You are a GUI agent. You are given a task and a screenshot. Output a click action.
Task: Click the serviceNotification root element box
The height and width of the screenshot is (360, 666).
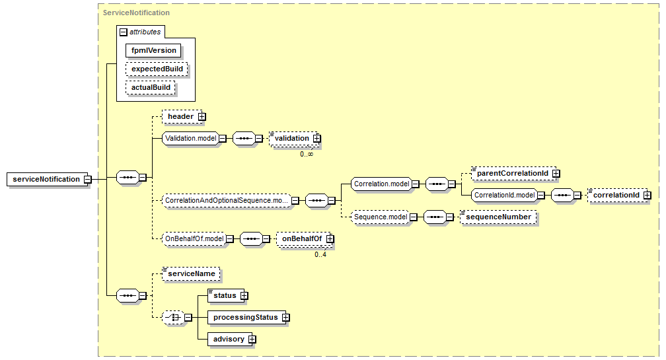coord(46,179)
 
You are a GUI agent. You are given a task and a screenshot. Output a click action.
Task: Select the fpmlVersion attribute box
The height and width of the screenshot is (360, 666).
coord(153,50)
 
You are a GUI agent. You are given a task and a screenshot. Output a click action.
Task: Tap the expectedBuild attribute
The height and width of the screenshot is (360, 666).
coord(157,69)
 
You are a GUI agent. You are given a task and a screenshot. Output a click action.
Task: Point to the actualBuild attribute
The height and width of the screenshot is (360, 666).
coord(151,87)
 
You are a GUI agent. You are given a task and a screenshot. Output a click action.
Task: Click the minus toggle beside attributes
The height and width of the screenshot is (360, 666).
coord(123,32)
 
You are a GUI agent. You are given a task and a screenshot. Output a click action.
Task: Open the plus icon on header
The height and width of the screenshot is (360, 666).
coord(202,117)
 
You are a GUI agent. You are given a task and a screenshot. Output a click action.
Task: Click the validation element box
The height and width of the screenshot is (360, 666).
coord(291,139)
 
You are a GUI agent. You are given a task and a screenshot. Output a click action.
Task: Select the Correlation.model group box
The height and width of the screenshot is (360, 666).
coord(381,184)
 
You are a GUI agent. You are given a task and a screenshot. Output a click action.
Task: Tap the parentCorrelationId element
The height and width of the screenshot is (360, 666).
coord(512,173)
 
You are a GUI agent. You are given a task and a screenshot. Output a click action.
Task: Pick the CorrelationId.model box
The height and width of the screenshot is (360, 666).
coord(503,196)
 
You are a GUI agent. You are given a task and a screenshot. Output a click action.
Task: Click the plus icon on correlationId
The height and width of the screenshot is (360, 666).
coord(647,196)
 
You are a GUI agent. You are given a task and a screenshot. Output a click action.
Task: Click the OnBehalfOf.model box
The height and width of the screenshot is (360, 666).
coord(194,239)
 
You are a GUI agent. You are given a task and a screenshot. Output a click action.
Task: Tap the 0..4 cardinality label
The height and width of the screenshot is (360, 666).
coord(321,254)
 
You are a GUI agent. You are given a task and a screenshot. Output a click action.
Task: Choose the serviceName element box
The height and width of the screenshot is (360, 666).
coord(191,273)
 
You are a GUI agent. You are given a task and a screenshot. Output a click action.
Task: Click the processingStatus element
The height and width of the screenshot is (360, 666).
coord(244,318)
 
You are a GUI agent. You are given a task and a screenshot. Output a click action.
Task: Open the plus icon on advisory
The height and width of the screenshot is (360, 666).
coord(252,340)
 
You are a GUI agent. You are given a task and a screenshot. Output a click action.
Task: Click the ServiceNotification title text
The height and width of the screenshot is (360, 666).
coord(136,13)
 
